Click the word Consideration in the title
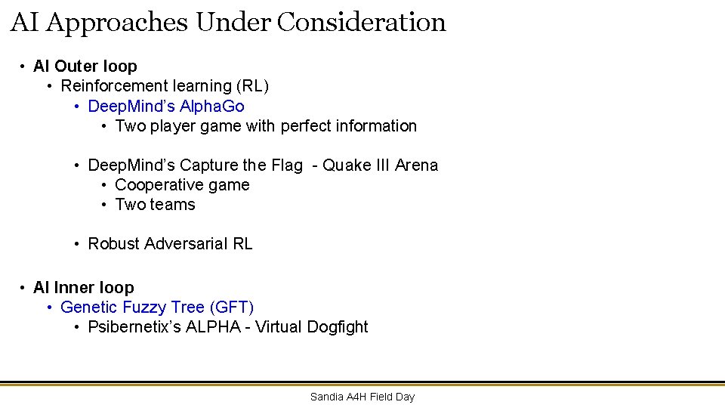(361, 22)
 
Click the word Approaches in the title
(116, 23)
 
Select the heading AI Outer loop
(85, 66)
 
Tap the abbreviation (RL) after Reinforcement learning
(251, 86)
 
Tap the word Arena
(416, 165)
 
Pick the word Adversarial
(187, 243)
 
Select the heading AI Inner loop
(84, 287)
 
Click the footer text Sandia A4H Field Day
(362, 397)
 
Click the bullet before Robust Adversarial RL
(77, 243)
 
